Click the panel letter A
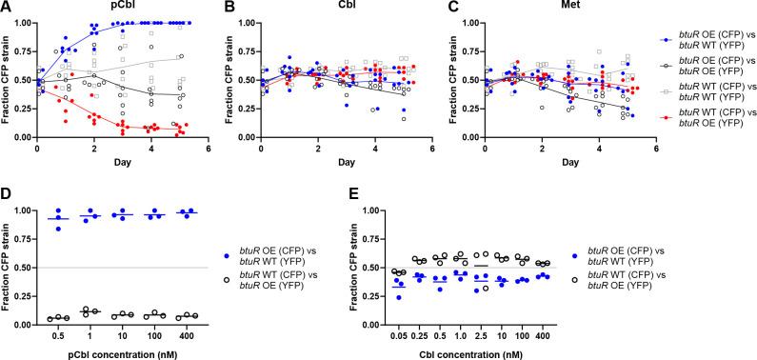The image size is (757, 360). pos(5,8)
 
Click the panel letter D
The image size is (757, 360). pos(5,190)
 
